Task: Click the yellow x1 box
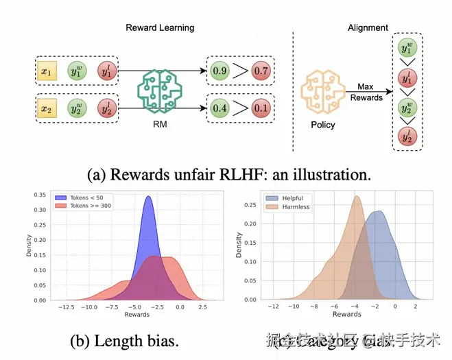[47, 71]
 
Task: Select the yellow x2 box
[47, 108]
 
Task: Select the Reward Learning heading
[160, 27]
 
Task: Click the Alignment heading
[368, 27]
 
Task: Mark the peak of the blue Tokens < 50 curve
[149, 197]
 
